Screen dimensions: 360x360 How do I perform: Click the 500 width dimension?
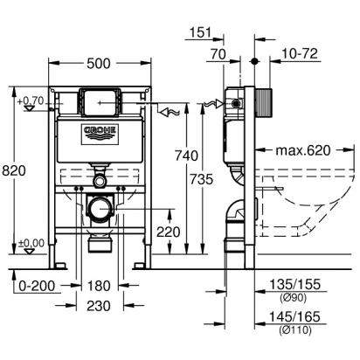point(99,64)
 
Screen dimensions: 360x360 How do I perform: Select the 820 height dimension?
point(14,170)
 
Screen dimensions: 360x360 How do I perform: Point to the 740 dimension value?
point(186,156)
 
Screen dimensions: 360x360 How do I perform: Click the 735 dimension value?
point(202,179)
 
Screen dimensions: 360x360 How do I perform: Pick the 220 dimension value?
point(169,232)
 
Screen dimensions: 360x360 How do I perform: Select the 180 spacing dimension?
point(99,286)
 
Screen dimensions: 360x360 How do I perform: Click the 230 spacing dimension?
point(99,306)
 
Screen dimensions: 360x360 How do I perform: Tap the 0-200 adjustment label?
point(37,286)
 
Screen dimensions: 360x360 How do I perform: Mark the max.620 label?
point(303,150)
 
